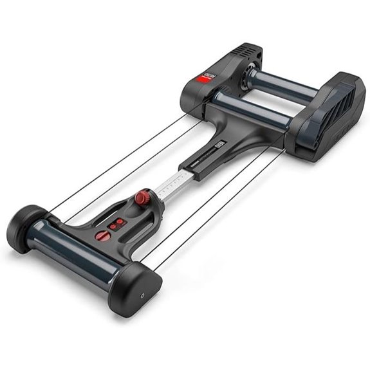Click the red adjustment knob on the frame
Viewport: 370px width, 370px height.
coord(142,197)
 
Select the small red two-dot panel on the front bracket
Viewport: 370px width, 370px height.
coord(116,223)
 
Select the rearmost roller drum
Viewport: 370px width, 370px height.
coord(283,84)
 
